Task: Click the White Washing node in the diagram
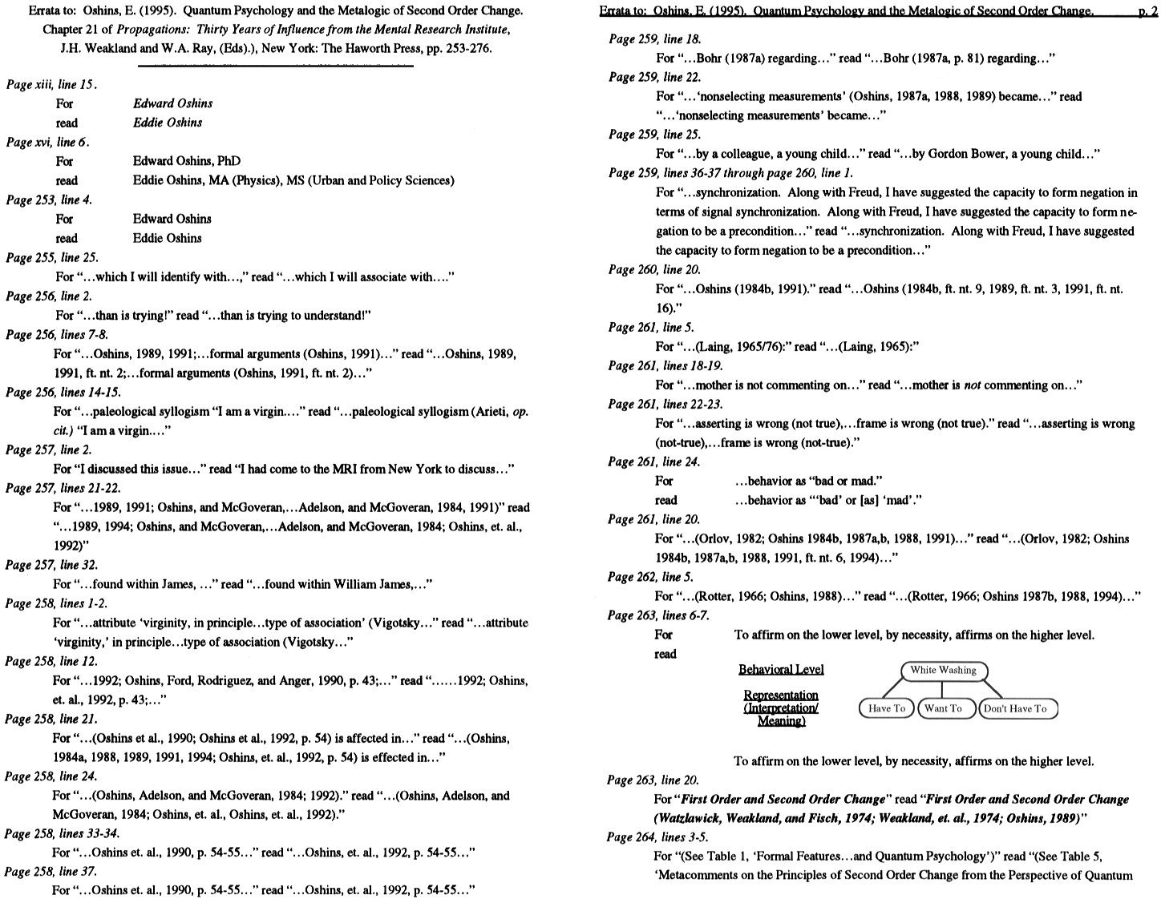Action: click(943, 671)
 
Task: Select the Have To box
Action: click(886, 708)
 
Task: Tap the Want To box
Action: click(943, 708)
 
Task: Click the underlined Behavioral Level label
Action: click(780, 670)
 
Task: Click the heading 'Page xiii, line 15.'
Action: click(52, 84)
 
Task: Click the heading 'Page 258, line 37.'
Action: click(51, 871)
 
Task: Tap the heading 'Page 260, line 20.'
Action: click(653, 269)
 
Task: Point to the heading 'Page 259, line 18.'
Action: click(654, 38)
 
